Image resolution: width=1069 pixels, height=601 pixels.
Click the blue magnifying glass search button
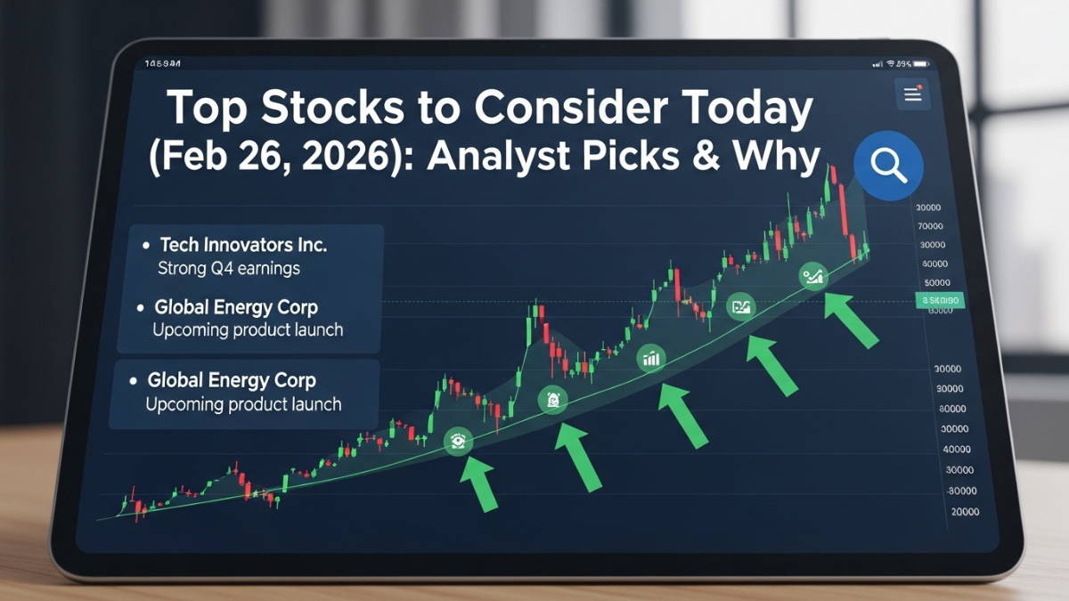click(x=887, y=166)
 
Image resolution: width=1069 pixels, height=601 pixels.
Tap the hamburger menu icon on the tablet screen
click(x=912, y=95)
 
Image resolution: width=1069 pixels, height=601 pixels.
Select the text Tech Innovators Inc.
click(x=242, y=244)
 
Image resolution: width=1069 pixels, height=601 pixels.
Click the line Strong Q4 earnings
click(x=228, y=268)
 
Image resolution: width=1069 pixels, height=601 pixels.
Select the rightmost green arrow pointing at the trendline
click(x=851, y=320)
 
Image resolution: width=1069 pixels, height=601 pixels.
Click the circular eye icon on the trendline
click(x=458, y=440)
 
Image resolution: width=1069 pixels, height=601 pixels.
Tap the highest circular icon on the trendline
click(x=813, y=277)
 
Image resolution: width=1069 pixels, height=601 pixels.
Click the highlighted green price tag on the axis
click(x=940, y=301)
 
